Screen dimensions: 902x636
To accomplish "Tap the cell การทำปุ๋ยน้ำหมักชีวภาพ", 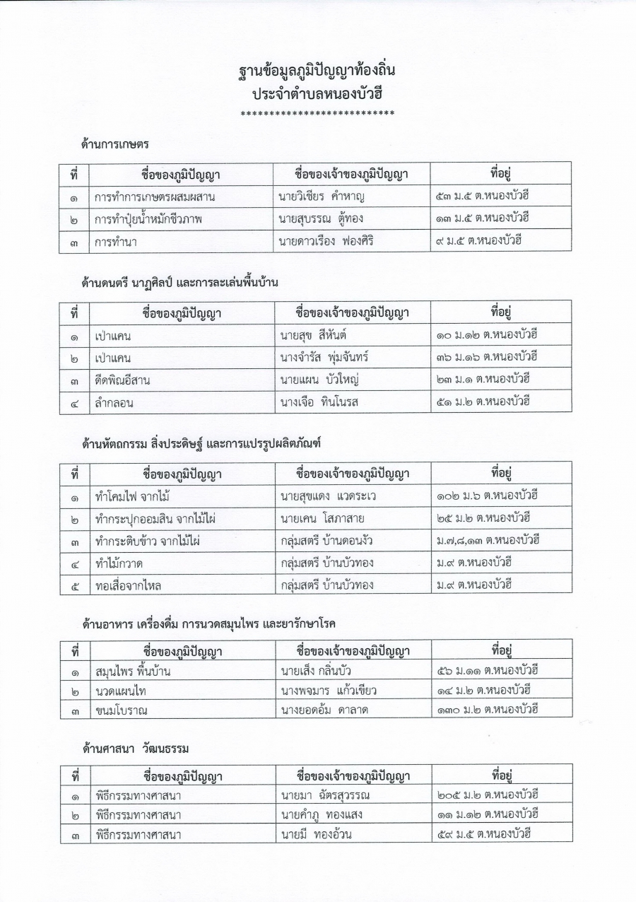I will point(148,219).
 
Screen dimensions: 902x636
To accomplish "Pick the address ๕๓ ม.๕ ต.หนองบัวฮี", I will point(483,196).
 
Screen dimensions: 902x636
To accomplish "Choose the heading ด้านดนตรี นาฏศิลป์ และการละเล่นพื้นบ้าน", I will point(180,283).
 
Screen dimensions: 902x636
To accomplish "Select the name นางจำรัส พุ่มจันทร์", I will point(324,358).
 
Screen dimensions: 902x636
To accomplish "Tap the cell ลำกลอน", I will point(114,403).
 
